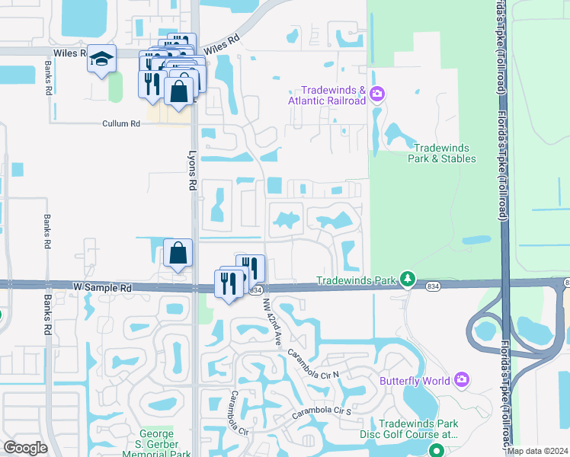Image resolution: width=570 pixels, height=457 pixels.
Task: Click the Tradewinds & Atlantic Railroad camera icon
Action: point(377,94)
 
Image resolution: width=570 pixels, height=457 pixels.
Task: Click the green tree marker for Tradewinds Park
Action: point(408,280)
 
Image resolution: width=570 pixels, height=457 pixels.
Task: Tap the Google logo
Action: point(24,448)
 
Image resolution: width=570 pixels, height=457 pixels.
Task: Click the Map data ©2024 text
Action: point(536,451)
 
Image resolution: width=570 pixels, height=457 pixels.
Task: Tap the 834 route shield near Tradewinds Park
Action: point(433,286)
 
